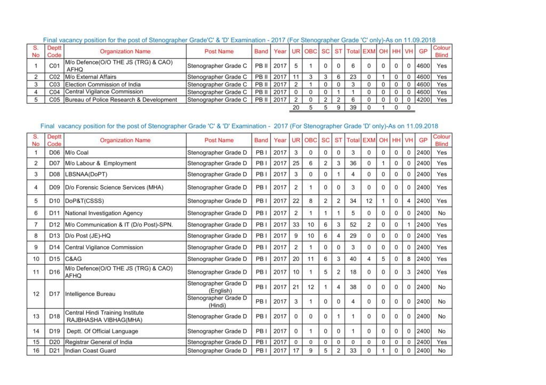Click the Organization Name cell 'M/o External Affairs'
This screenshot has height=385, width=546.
(x=91, y=77)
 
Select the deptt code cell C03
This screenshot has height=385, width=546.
(x=54, y=85)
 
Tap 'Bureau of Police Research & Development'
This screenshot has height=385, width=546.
(x=121, y=100)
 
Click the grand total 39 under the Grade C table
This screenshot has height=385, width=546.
(x=352, y=108)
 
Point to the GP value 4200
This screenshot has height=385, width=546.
(x=423, y=100)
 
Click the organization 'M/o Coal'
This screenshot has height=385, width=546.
(x=77, y=153)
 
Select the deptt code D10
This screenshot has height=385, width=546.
(x=54, y=201)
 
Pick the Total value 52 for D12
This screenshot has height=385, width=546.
(x=352, y=225)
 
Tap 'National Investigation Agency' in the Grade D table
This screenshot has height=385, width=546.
(x=104, y=213)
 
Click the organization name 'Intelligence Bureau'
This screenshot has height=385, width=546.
(x=91, y=294)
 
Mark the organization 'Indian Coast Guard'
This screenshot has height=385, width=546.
(x=91, y=351)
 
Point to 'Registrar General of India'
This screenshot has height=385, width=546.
(x=99, y=342)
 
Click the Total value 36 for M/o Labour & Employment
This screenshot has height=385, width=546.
(x=352, y=163)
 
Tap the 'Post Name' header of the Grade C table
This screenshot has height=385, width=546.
(x=219, y=52)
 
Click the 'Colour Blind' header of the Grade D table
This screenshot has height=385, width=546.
(x=441, y=141)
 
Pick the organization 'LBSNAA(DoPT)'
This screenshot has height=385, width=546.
(x=85, y=175)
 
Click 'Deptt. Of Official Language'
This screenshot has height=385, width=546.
(x=102, y=331)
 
